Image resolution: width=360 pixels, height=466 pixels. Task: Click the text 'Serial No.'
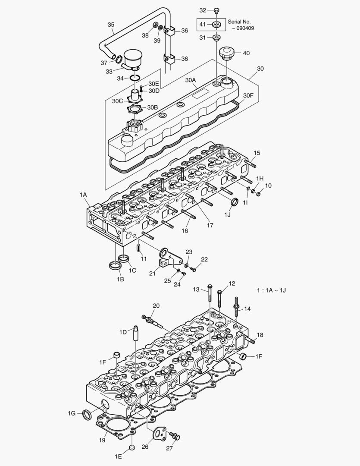click(x=239, y=21)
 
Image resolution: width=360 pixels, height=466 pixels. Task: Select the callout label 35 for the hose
click(x=111, y=25)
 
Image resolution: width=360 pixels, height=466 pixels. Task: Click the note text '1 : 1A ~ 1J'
click(x=271, y=290)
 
